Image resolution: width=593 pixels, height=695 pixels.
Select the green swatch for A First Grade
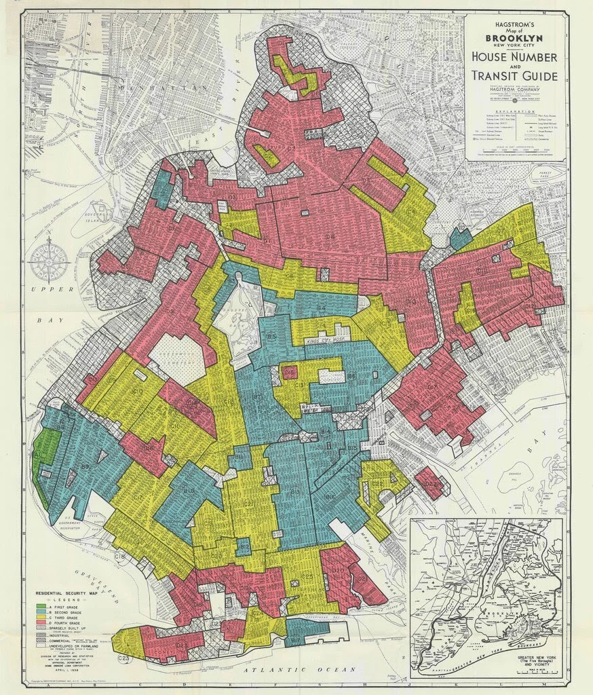point(41,605)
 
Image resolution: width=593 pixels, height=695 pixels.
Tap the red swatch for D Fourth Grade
point(41,621)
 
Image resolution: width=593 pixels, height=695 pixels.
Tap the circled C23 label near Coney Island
point(123,658)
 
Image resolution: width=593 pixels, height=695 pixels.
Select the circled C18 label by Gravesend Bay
point(120,557)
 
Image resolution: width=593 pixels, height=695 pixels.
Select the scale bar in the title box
point(516,150)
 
